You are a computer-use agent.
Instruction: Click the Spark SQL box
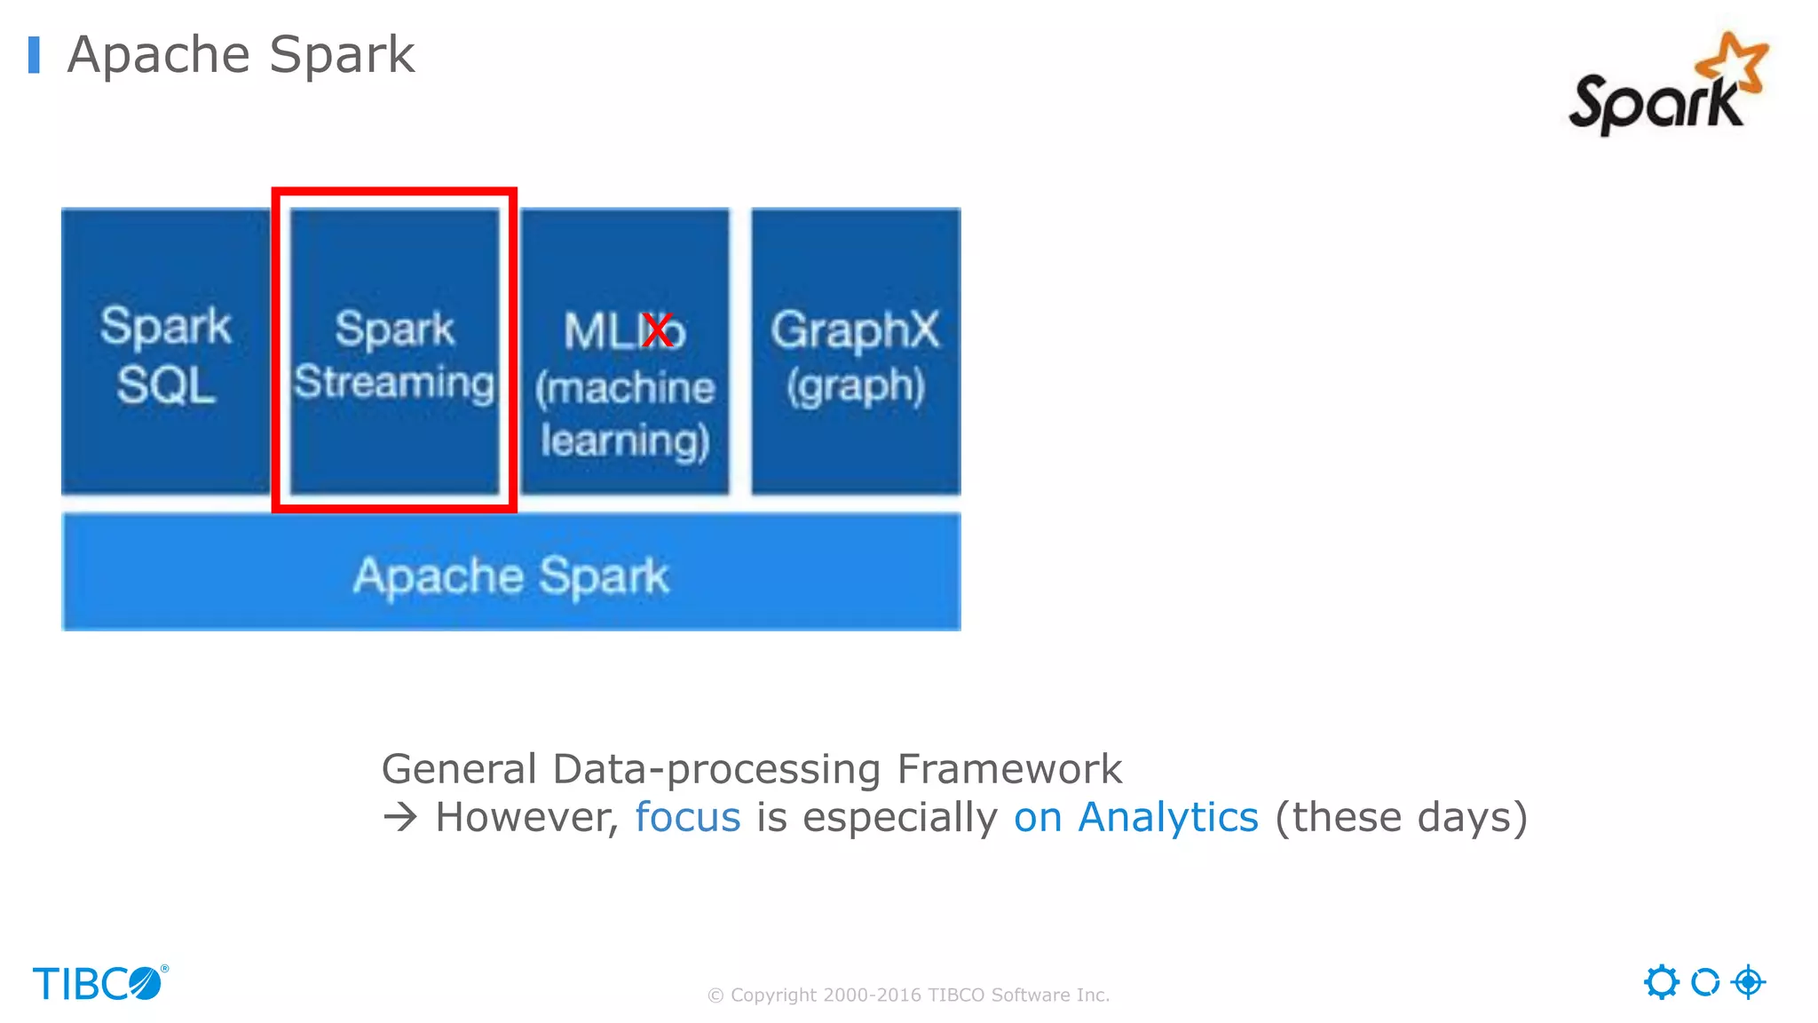165,352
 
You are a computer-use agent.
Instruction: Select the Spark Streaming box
394,352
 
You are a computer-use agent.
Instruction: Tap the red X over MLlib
658,331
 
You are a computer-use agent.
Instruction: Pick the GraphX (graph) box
856,352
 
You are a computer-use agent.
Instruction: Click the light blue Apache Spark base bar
511,573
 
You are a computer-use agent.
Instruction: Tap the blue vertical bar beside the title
34,55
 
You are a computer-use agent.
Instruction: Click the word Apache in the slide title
159,55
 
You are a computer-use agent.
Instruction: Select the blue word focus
687,817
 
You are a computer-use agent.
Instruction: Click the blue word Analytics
1167,817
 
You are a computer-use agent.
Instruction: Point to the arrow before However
400,817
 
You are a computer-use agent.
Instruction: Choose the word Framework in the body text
1009,769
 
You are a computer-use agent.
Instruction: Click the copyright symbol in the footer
715,995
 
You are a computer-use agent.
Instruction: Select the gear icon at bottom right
1661,982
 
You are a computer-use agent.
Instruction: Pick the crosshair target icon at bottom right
1748,982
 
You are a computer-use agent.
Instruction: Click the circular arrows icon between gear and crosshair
1704,982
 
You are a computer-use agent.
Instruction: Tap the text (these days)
1401,817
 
